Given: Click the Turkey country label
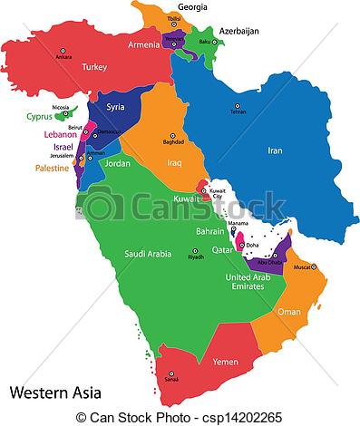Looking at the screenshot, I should (x=94, y=67).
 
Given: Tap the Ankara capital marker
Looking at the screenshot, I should (x=63, y=50).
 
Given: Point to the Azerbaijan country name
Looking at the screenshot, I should (x=236, y=31).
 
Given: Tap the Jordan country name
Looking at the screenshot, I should (x=118, y=164).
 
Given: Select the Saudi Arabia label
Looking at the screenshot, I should (x=148, y=254).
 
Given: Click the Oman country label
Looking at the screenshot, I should (x=289, y=312).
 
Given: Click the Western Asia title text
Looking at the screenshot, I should (x=55, y=393).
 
